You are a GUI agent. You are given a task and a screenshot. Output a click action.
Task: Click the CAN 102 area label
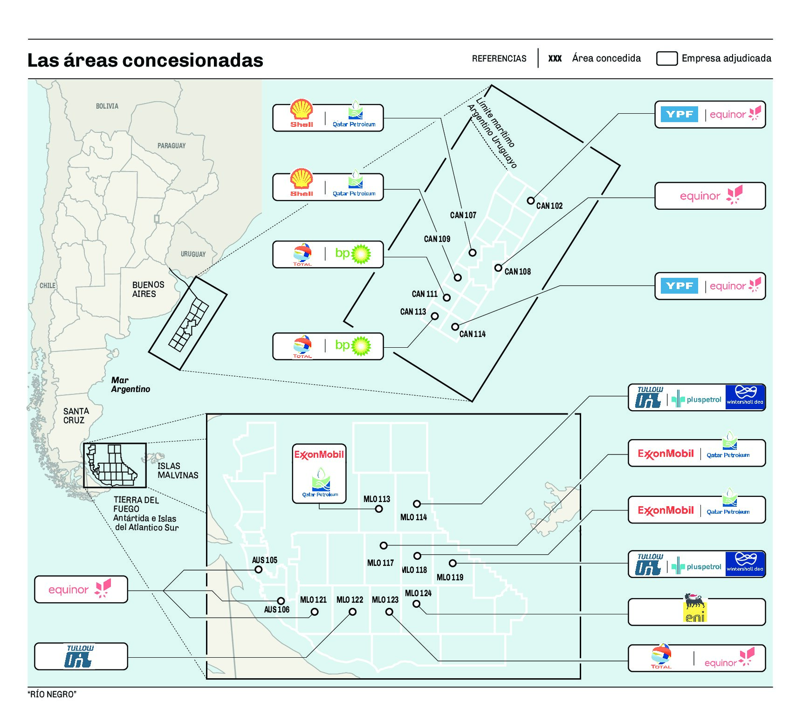[549, 206]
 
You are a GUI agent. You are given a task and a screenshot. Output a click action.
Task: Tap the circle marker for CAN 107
[473, 253]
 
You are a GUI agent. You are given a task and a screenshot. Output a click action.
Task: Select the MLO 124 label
[418, 593]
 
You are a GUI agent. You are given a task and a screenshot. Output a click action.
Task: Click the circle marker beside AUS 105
[258, 570]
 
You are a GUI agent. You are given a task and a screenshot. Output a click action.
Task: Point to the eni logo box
[696, 612]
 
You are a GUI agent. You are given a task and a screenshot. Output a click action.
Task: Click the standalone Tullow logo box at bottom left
[81, 656]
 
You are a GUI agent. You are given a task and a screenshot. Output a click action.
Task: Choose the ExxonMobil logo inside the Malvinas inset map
[319, 454]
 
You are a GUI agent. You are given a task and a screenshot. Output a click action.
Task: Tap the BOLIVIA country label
[107, 106]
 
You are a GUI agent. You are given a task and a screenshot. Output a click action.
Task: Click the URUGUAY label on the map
[193, 254]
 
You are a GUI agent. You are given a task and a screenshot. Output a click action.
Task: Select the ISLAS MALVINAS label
[178, 470]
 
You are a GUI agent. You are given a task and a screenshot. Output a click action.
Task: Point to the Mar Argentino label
[130, 385]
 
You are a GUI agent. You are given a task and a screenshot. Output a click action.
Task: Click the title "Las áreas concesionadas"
[145, 60]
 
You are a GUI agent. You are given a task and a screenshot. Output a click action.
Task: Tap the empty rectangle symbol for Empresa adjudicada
[666, 58]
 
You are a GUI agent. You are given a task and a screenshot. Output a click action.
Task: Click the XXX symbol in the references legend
[555, 58]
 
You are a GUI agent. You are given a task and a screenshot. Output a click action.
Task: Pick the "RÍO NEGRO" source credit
[52, 694]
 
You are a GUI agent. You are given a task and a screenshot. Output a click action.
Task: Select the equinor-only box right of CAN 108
[710, 196]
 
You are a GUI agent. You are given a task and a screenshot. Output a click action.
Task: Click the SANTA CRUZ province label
[76, 415]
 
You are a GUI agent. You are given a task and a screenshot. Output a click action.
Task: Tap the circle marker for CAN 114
[455, 327]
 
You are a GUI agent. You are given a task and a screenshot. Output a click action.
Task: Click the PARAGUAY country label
[172, 146]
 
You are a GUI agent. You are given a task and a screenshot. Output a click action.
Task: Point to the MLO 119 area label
[450, 577]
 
